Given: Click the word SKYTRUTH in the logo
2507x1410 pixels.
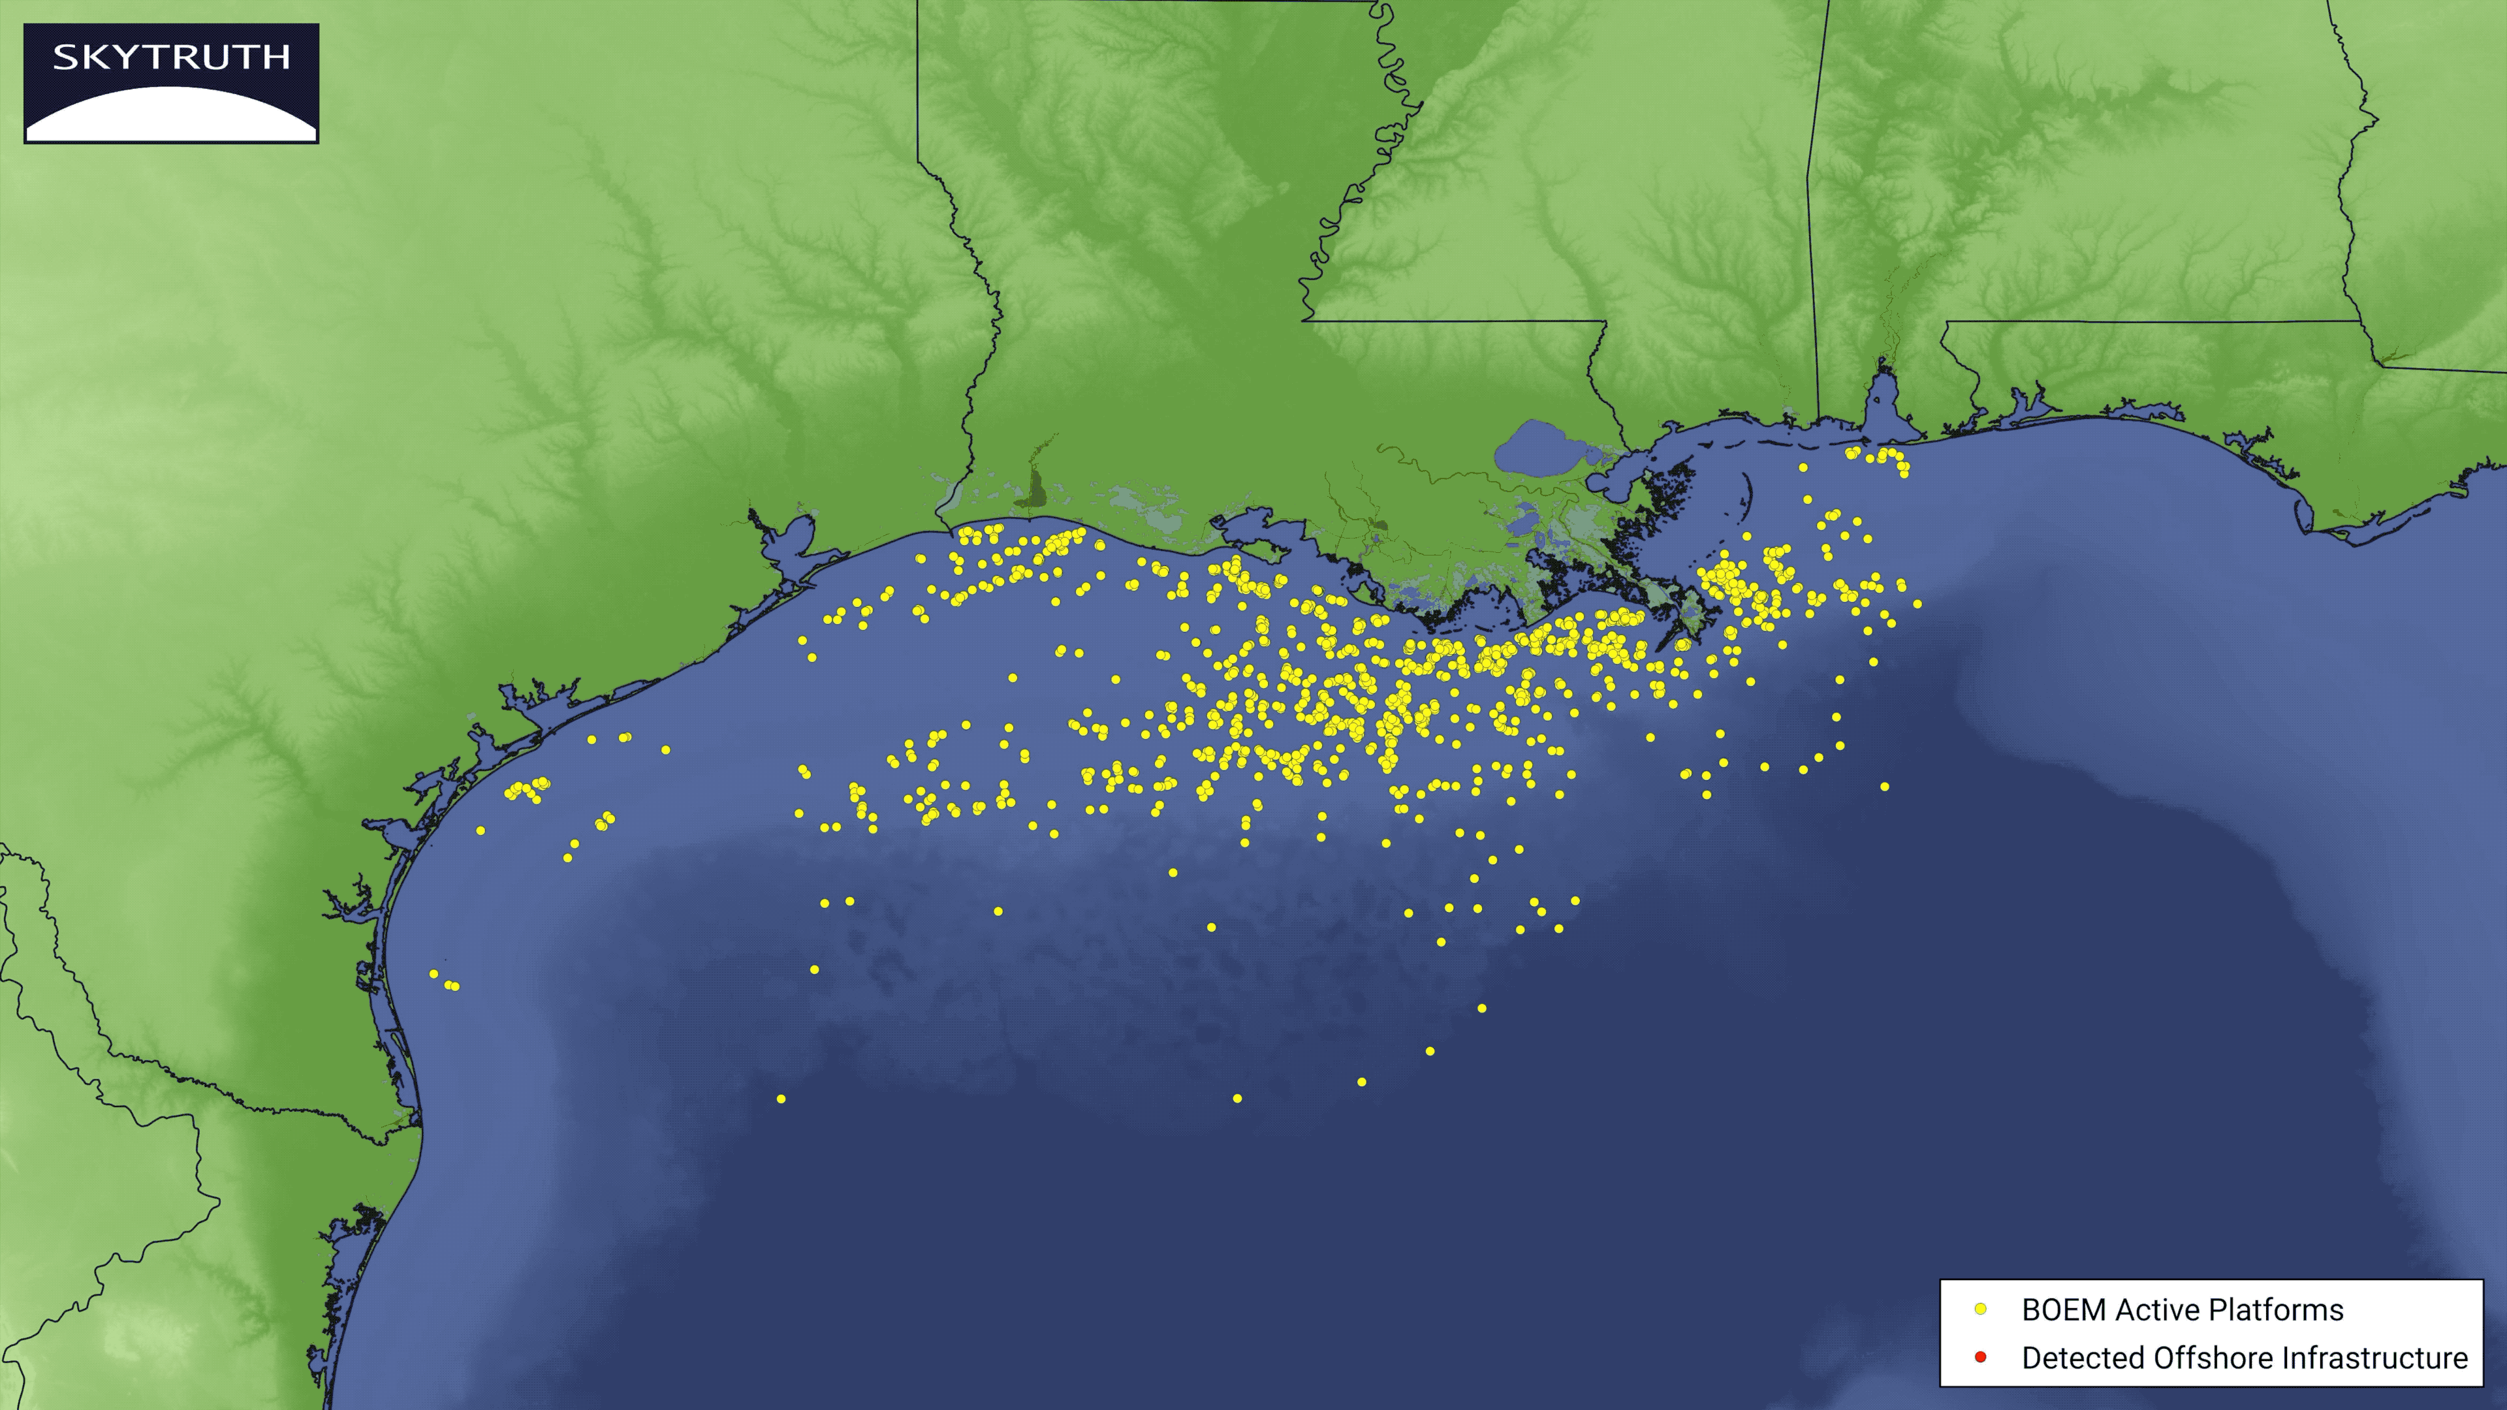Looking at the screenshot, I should pyautogui.click(x=171, y=57).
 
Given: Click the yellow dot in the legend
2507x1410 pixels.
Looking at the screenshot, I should pyautogui.click(x=1979, y=1309).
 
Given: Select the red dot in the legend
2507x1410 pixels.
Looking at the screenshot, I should pyautogui.click(x=1979, y=1356).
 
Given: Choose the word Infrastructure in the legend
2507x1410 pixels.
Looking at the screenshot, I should pyautogui.click(x=2374, y=1358).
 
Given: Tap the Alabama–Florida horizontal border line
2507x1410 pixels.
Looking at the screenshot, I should pyautogui.click(x=2141, y=322).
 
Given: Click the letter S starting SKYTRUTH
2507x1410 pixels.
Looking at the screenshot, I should pyautogui.click(x=64, y=57).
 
